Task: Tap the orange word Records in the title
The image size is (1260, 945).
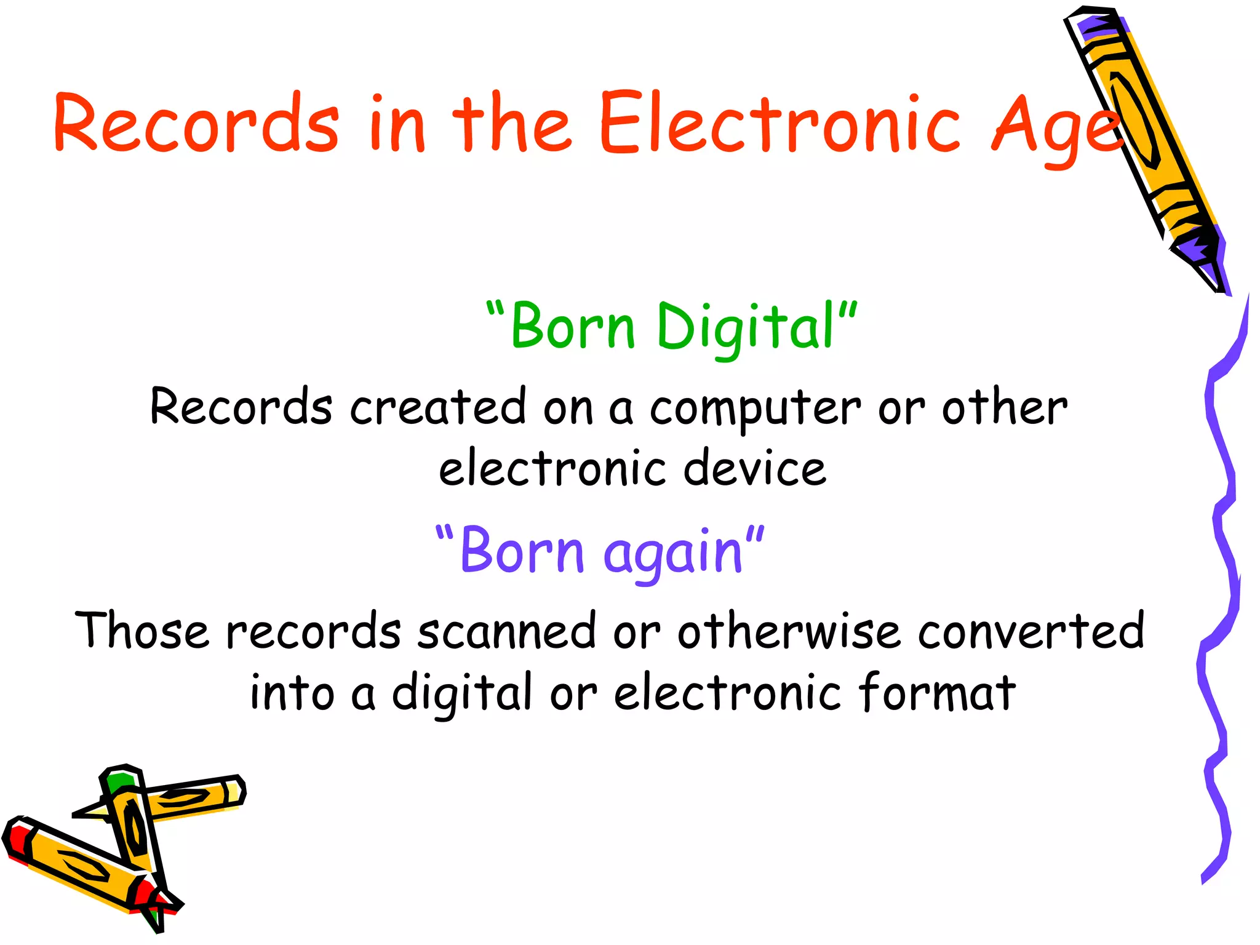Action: (196, 123)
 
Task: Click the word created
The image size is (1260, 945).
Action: (438, 407)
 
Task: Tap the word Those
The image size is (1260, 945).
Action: (142, 631)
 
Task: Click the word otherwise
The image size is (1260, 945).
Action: (789, 631)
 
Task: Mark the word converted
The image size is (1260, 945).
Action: (1031, 631)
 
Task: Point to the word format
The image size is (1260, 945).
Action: (936, 692)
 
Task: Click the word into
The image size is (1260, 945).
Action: (292, 692)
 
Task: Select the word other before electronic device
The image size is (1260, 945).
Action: (1005, 407)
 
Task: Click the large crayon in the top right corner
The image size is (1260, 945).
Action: (1144, 142)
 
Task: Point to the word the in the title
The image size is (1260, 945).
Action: (512, 123)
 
